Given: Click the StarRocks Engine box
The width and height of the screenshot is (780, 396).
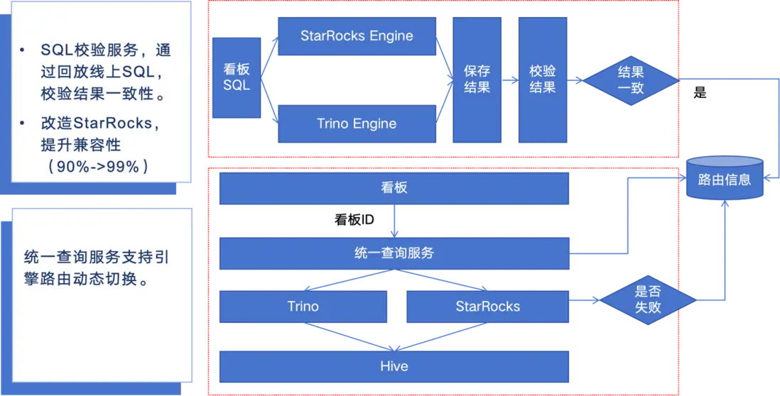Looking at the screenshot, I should [x=357, y=36].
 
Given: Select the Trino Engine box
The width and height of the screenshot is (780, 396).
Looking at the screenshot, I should [x=357, y=124].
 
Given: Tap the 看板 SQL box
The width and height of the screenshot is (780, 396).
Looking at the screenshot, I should [x=237, y=77].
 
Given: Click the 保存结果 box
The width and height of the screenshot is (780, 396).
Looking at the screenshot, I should [x=477, y=79].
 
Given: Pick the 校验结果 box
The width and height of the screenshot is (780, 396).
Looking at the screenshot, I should [x=543, y=79].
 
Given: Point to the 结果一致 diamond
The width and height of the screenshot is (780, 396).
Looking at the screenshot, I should [x=631, y=79].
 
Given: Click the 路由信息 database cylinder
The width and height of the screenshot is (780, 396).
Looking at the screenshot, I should [x=724, y=180].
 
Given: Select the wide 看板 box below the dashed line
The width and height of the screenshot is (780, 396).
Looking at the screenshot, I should [x=394, y=189].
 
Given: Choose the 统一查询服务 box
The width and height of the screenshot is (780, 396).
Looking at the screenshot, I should [x=394, y=253].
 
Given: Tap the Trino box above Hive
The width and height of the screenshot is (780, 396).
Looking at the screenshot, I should [x=303, y=307].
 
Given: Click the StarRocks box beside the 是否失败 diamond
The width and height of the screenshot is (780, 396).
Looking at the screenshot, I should [x=487, y=307].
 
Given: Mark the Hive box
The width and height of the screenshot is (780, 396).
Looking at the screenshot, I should [x=394, y=366].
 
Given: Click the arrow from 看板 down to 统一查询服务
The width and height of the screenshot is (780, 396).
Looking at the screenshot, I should [x=395, y=221].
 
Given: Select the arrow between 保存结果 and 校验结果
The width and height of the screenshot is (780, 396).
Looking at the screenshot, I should [x=510, y=80].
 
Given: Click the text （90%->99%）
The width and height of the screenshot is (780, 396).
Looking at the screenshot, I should [x=98, y=167].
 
